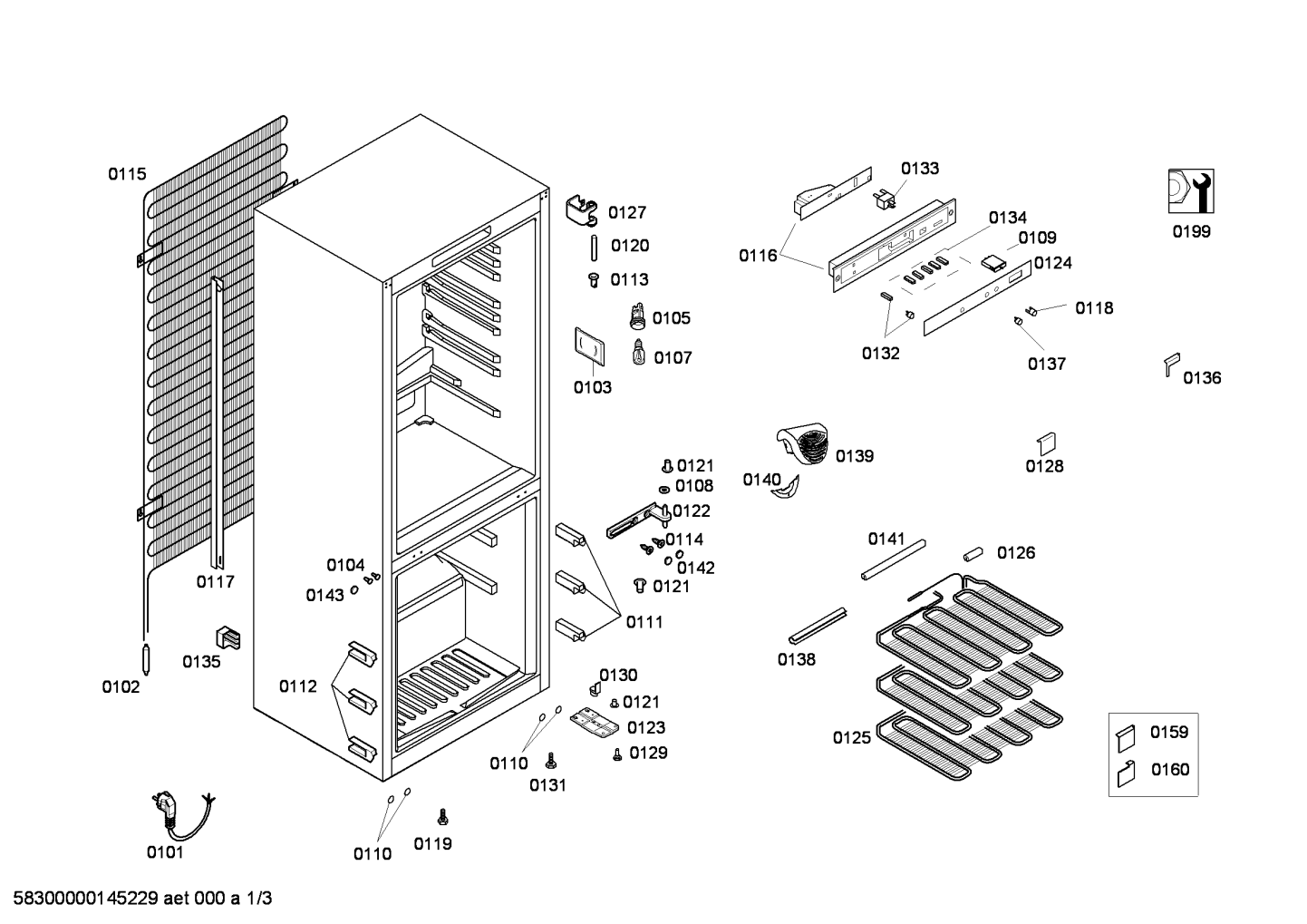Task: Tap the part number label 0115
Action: (x=127, y=174)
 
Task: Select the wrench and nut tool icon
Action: (x=1191, y=190)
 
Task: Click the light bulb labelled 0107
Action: (x=639, y=352)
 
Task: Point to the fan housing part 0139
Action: (x=803, y=443)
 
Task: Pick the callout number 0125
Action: (x=851, y=738)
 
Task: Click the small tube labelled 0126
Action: (x=973, y=554)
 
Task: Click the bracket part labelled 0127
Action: (x=582, y=210)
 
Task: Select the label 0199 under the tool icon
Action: (x=1192, y=232)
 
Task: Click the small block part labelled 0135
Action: (x=228, y=637)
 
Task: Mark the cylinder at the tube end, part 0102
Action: (x=146, y=658)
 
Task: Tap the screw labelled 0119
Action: (x=443, y=817)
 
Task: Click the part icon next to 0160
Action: (x=1126, y=774)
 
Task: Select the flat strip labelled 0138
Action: (x=818, y=625)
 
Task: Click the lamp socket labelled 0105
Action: (x=637, y=316)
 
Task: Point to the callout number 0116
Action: (x=758, y=256)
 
